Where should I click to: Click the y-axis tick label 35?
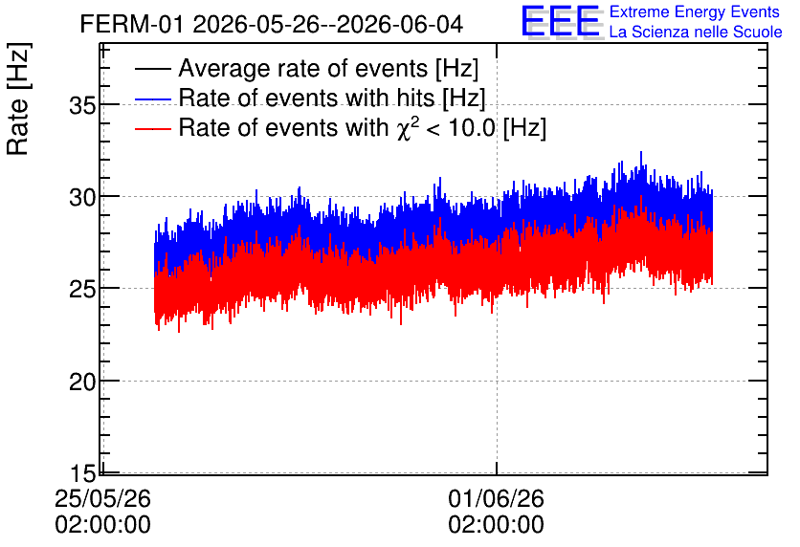(82, 106)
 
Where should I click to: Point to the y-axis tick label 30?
(82, 197)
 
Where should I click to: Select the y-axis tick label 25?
(82, 290)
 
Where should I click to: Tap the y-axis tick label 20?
(82, 382)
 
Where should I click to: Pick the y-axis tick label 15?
(82, 473)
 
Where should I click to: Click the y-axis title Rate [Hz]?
(18, 98)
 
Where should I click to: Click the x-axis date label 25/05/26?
(102, 498)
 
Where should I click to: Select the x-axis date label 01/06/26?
(496, 498)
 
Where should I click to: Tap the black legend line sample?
(152, 69)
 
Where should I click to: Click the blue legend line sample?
(152, 98)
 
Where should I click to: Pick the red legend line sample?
(152, 128)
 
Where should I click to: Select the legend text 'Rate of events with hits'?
(306, 98)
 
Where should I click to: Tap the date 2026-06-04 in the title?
(400, 24)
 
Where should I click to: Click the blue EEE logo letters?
(561, 21)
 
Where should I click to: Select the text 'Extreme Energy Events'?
(695, 11)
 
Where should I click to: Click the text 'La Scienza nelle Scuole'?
(696, 32)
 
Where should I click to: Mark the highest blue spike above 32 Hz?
(641, 153)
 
